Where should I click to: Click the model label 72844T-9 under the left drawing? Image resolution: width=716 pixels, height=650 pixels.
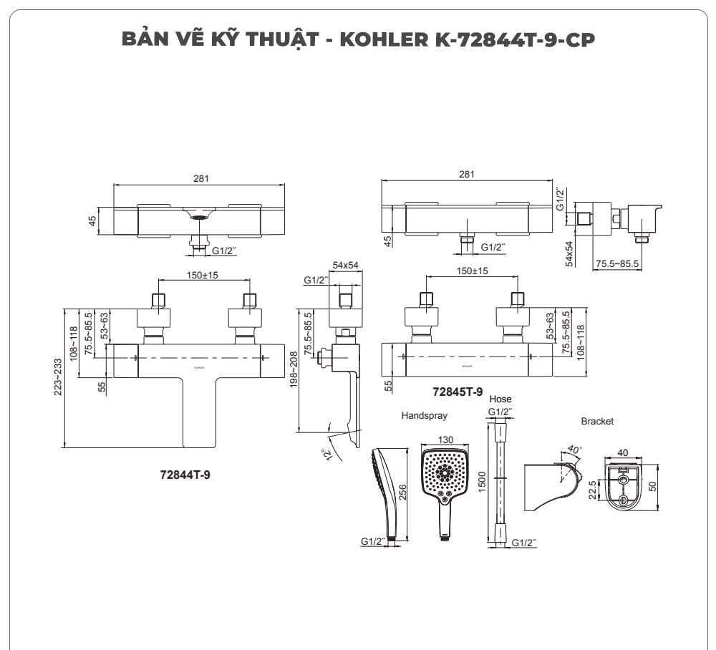[185, 474]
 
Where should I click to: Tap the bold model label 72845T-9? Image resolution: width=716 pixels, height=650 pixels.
[458, 392]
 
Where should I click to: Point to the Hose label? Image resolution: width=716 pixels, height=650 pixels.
[500, 399]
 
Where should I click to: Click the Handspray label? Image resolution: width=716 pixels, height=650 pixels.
[424, 415]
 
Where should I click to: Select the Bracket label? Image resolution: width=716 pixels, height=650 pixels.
[597, 422]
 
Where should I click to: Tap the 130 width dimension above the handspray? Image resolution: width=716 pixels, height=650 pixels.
[445, 440]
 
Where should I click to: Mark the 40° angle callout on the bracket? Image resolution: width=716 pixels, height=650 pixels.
[574, 450]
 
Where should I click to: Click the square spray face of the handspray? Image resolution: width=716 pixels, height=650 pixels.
[445, 474]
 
